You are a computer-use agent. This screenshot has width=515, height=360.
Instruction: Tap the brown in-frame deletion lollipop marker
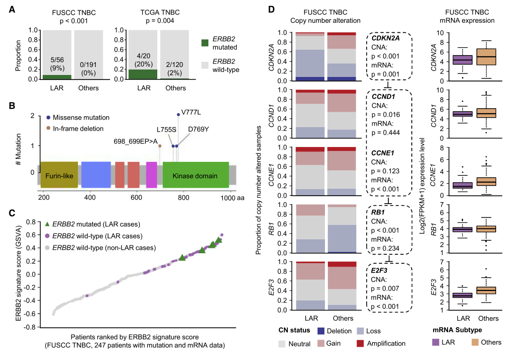coord(160,146)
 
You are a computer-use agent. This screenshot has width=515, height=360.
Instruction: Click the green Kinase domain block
coord(195,176)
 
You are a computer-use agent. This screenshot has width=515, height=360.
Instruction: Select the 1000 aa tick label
coord(229,198)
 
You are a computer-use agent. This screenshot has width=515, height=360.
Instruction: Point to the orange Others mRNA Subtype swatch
coord(473,342)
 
